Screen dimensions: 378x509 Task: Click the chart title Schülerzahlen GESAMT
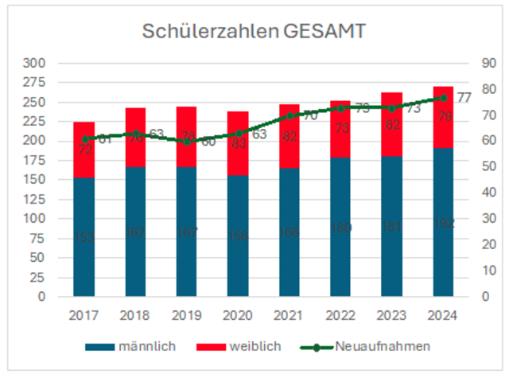254,31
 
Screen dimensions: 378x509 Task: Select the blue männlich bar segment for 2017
85,236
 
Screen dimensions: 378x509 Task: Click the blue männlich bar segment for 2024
442,222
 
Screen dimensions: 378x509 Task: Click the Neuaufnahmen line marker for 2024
442,98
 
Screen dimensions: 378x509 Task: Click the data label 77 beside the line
464,97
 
